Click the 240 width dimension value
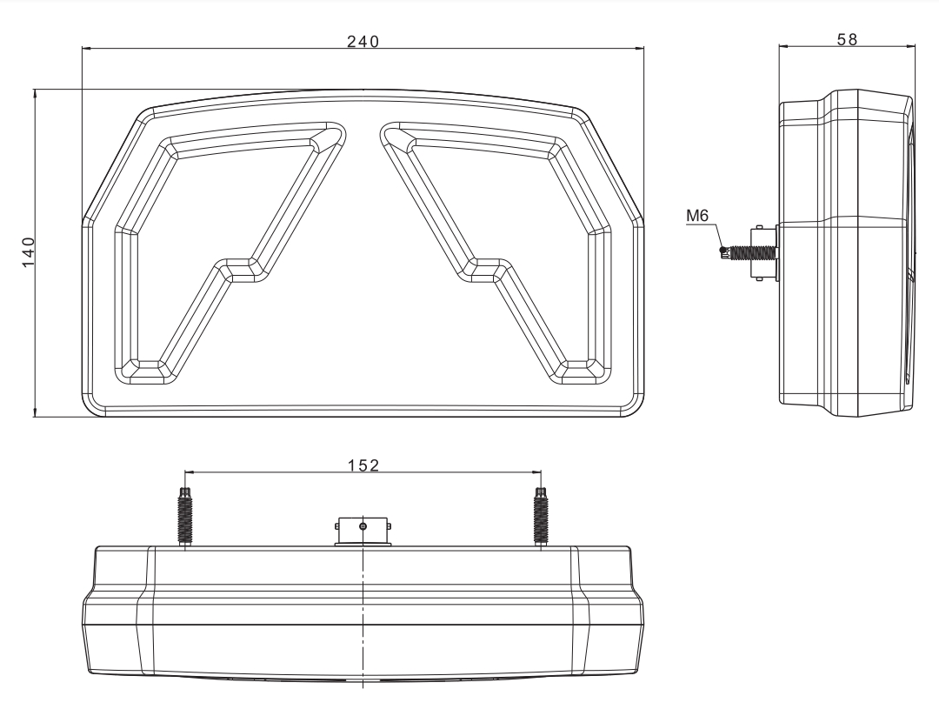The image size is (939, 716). (363, 41)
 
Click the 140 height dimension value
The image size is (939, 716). (28, 252)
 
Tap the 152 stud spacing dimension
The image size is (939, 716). (363, 465)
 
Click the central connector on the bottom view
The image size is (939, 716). (363, 529)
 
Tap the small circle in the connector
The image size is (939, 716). (363, 526)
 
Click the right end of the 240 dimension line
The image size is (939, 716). (644, 49)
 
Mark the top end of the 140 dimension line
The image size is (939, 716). (35, 89)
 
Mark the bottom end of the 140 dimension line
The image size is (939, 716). (35, 416)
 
